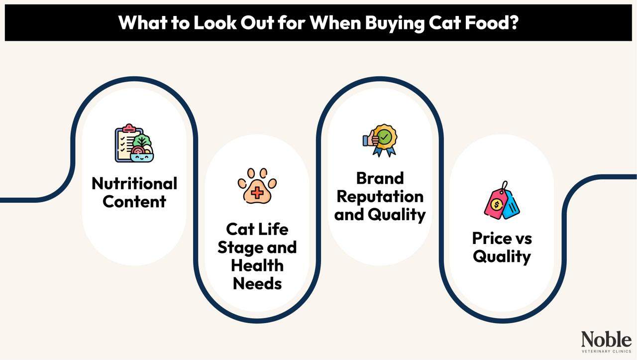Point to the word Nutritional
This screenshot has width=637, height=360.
pyautogui.click(x=134, y=183)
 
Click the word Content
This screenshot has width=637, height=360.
pyautogui.click(x=134, y=202)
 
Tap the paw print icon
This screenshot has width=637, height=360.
pyautogui.click(x=257, y=185)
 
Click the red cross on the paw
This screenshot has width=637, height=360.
pyautogui.click(x=257, y=192)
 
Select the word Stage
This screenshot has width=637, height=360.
pyautogui.click(x=241, y=247)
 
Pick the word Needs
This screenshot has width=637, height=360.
pyautogui.click(x=257, y=283)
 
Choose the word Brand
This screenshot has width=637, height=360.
pyautogui.click(x=380, y=178)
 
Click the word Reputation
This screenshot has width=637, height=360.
pyautogui.click(x=380, y=196)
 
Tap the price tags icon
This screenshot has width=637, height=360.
pyautogui.click(x=502, y=201)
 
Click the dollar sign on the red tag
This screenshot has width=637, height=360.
pyautogui.click(x=496, y=204)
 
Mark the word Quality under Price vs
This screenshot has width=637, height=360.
pyautogui.click(x=502, y=257)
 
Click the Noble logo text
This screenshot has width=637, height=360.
pyautogui.click(x=606, y=340)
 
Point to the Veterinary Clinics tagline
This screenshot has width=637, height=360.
pyautogui.click(x=606, y=352)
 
